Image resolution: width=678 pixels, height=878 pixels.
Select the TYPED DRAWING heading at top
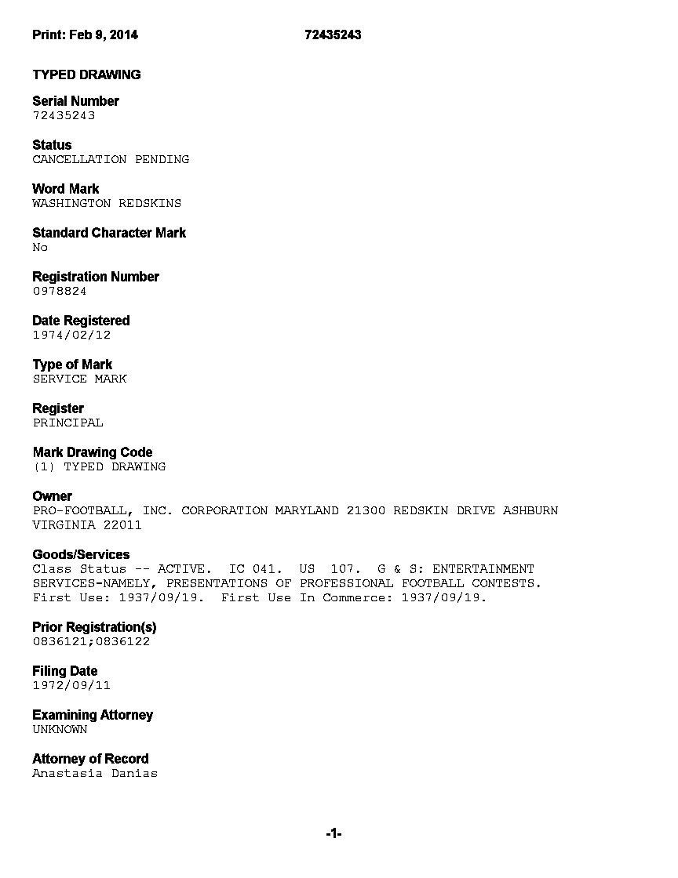point(86,74)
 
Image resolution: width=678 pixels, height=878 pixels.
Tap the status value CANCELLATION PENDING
point(111,159)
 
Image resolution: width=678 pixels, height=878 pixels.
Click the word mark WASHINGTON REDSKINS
point(107,203)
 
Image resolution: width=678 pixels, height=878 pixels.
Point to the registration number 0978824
point(60,291)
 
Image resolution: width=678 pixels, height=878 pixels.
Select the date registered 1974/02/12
point(71,335)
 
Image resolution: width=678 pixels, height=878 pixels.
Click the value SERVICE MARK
point(79,379)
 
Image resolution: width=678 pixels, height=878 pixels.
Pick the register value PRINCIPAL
point(67,423)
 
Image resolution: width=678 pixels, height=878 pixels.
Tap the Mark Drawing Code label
point(93,452)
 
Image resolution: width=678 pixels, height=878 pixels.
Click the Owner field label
point(52,496)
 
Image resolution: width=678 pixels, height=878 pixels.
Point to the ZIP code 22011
point(122,525)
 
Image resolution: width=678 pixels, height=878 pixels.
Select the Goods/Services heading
point(81,554)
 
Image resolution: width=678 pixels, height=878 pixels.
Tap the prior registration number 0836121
point(60,641)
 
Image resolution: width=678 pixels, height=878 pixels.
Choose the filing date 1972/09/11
point(71,685)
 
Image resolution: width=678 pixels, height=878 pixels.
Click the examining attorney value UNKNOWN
point(60,729)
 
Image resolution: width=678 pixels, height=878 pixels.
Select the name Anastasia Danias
point(95,773)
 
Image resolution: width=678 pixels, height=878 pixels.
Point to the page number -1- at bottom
point(334,833)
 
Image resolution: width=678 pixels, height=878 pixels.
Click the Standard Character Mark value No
point(40,247)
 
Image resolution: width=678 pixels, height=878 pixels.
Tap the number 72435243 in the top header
point(333,34)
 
